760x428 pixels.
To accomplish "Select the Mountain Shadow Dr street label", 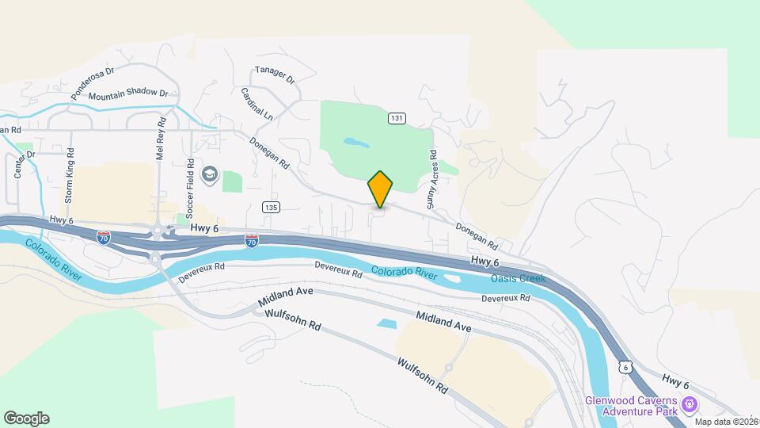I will pos(128,94).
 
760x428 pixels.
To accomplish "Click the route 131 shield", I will pos(397,118).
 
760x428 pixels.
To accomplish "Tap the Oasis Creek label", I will pos(519,277).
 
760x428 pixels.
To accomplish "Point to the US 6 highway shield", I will pos(626,368).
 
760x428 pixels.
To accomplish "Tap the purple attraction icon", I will pos(689,405).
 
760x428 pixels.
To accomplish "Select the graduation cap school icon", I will pos(210,174).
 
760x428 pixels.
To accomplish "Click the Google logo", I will pos(26,418).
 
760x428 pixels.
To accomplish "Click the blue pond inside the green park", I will pos(355,143).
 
